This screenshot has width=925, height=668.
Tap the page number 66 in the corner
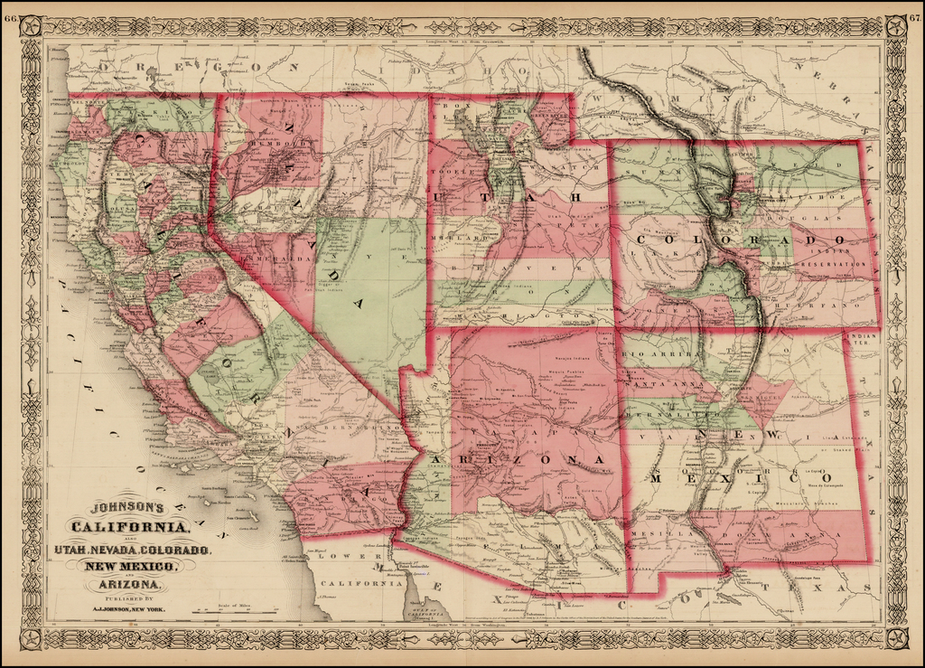10,18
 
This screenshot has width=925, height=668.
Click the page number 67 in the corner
914,18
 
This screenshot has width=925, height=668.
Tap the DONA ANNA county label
786,534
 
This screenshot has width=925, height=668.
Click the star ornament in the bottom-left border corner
32,639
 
